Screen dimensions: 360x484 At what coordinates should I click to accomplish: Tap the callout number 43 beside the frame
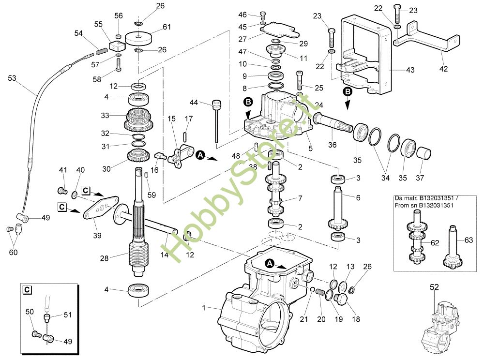tap(410, 70)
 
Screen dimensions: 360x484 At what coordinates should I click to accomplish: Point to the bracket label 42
tap(443, 68)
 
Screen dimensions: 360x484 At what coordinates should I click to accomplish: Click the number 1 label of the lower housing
tap(204, 308)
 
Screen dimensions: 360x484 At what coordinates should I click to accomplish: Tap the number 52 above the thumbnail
tap(434, 287)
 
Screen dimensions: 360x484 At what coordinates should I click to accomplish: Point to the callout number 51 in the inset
tap(67, 315)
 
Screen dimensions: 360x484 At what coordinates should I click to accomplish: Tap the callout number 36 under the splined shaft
tap(332, 144)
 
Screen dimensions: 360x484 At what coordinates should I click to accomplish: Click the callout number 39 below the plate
tap(97, 236)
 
